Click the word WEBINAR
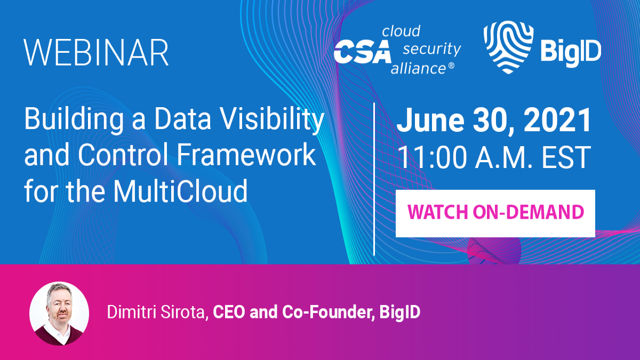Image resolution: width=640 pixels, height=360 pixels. (x=96, y=52)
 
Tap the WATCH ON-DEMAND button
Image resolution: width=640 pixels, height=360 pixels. (x=495, y=213)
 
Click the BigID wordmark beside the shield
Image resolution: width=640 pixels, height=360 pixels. (x=570, y=52)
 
